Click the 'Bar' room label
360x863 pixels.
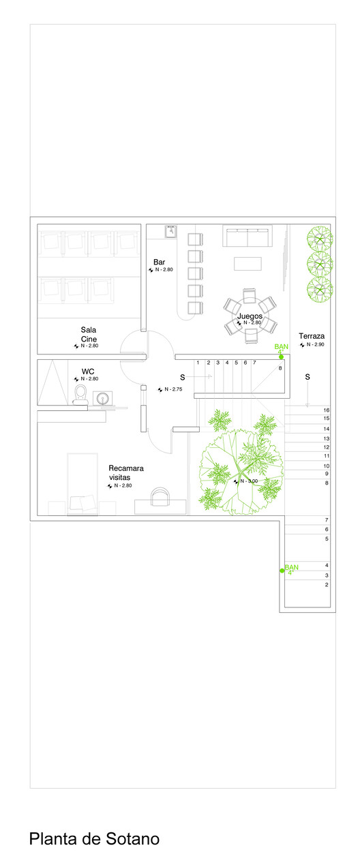pyautogui.click(x=159, y=262)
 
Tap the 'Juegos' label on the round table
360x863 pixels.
pyautogui.click(x=250, y=316)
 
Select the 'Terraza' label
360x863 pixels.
pyautogui.click(x=312, y=336)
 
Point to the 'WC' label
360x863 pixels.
pyautogui.click(x=88, y=372)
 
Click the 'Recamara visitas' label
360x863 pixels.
pyautogui.click(x=126, y=472)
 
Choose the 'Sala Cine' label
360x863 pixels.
pyautogui.click(x=89, y=335)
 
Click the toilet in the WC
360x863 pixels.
pyautogui.click(x=80, y=394)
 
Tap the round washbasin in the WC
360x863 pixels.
pyautogui.click(x=102, y=398)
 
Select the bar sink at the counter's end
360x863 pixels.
pyautogui.click(x=170, y=231)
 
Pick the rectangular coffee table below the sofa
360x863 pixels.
pyautogui.click(x=247, y=264)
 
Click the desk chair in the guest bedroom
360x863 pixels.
pyautogui.click(x=160, y=497)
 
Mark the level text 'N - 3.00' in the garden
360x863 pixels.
pyautogui.click(x=249, y=481)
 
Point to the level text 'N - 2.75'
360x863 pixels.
pyautogui.click(x=173, y=389)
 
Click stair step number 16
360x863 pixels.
pyautogui.click(x=327, y=410)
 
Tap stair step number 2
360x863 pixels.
pyautogui.click(x=327, y=585)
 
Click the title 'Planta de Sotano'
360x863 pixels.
pyautogui.click(x=95, y=838)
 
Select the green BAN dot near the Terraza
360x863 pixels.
pyautogui.click(x=282, y=357)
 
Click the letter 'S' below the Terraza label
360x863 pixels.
pyautogui.click(x=307, y=377)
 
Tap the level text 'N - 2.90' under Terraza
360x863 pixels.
pyautogui.click(x=315, y=344)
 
